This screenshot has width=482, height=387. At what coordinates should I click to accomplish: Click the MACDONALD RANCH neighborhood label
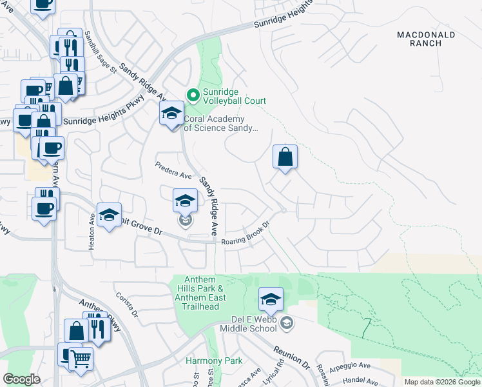(426, 39)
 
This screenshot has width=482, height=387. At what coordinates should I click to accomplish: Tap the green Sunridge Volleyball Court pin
(192, 95)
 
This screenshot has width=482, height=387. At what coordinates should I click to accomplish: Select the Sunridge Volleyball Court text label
(234, 96)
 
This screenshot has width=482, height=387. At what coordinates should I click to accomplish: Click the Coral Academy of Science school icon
(171, 115)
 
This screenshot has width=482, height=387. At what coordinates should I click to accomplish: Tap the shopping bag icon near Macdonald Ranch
(285, 157)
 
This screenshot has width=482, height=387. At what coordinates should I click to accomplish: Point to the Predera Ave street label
(173, 170)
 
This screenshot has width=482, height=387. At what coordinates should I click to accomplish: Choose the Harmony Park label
(214, 361)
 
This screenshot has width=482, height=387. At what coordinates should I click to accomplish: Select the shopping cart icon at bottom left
(81, 358)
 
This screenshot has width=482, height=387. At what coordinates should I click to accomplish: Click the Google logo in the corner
(21, 379)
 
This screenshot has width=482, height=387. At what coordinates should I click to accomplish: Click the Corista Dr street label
(127, 304)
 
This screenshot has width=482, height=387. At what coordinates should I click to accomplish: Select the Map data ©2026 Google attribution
(442, 382)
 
